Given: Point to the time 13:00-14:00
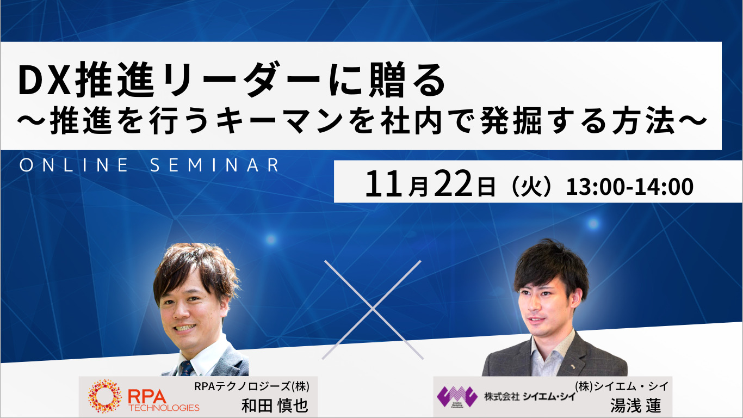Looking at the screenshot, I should point(629,187).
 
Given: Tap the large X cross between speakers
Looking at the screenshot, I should point(373,309).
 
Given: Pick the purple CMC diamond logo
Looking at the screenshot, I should point(457,396).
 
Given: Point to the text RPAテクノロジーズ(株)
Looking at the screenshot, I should point(252,387).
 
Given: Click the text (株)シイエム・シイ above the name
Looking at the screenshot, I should point(622,386).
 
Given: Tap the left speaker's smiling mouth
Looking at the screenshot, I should point(185,328).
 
